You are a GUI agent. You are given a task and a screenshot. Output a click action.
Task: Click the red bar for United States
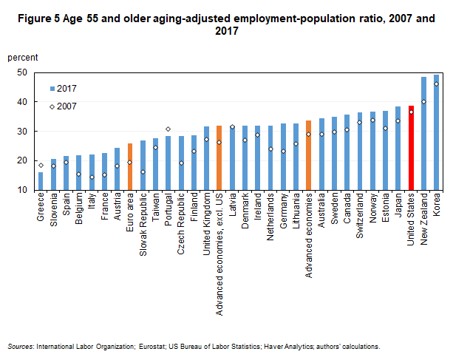click(x=411, y=148)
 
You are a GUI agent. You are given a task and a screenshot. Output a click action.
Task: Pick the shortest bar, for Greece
click(x=40, y=181)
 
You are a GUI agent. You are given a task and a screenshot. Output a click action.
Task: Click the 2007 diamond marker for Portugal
click(x=168, y=129)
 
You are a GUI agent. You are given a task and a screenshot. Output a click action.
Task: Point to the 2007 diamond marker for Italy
click(x=92, y=177)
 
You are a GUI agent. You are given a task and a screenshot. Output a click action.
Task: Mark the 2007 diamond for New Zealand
click(x=423, y=102)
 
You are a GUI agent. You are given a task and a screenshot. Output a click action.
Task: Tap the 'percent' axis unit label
click(x=23, y=57)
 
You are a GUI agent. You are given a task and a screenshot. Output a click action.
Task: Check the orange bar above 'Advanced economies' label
click(x=308, y=154)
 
